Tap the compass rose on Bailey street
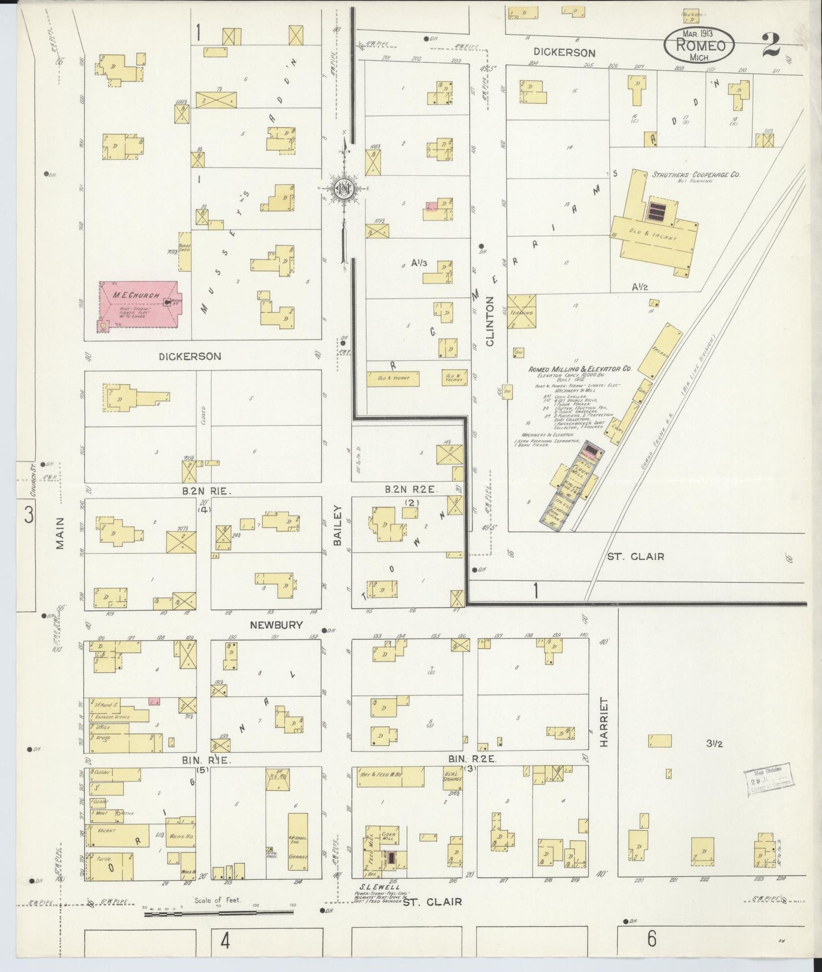(344, 189)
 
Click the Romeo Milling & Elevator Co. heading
(580, 369)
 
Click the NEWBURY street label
(275, 625)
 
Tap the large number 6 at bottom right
(652, 938)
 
